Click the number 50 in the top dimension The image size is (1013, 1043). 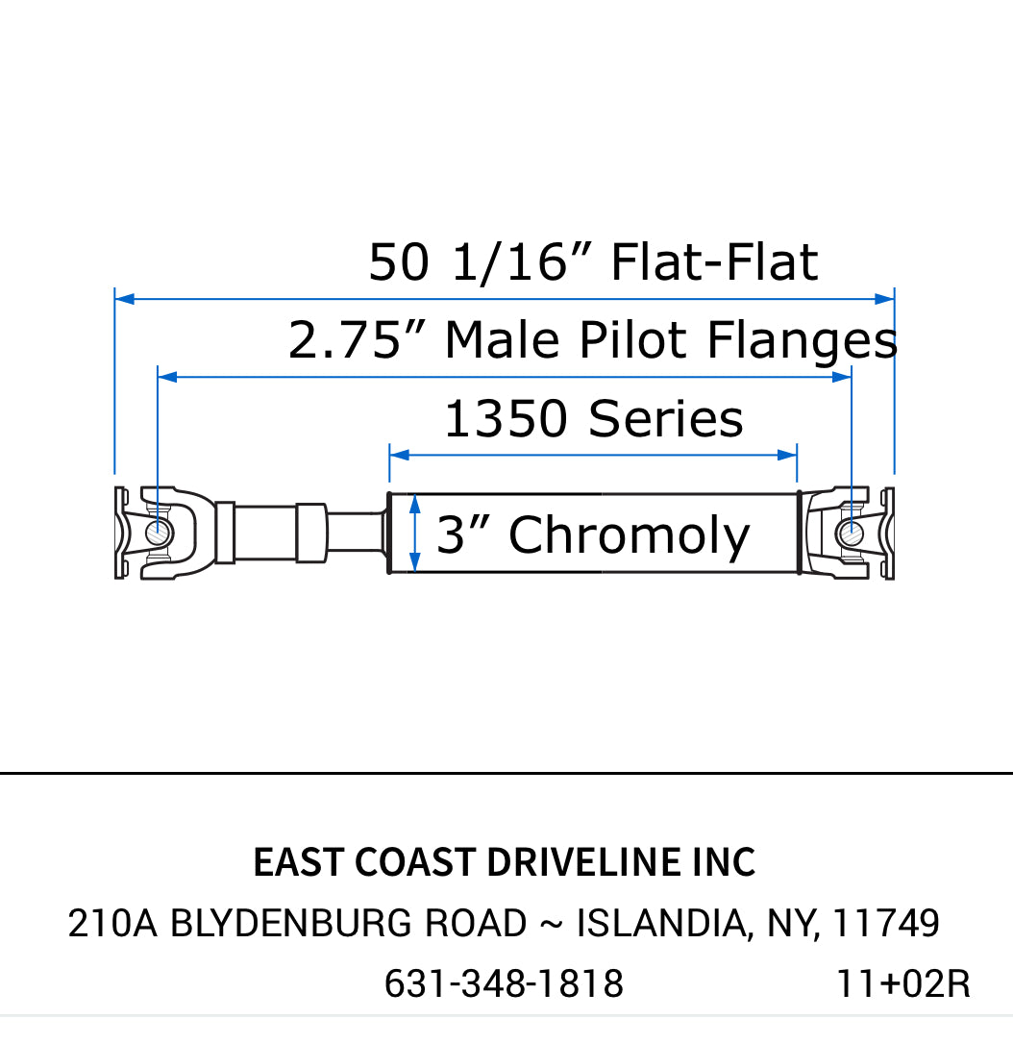point(398,262)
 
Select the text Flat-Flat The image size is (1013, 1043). point(714,262)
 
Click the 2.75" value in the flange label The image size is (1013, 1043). point(357,340)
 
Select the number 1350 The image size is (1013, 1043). point(506,419)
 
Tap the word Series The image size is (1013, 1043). point(666,419)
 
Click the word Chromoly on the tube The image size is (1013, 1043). point(629,535)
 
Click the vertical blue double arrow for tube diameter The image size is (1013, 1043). point(414,534)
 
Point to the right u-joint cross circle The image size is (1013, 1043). point(849,532)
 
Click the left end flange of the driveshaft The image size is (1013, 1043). point(121,534)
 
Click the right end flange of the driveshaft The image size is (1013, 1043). point(888,534)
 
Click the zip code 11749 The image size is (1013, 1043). point(885,924)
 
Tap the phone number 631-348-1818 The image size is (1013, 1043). point(504,984)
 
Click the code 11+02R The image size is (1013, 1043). point(902,984)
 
